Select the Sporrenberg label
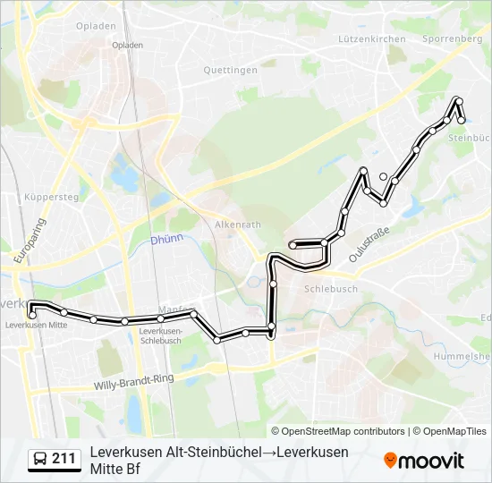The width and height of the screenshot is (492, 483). (452, 39)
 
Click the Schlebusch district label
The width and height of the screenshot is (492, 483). (331, 289)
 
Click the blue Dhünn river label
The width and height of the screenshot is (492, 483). (165, 240)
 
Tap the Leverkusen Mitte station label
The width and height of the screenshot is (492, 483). (36, 325)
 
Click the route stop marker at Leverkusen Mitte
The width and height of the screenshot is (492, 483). (32, 314)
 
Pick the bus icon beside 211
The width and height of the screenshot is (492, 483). (40, 459)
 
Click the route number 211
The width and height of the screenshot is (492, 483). (64, 459)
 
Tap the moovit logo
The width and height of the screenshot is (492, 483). (424, 461)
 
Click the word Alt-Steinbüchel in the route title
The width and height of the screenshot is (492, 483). (213, 452)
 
